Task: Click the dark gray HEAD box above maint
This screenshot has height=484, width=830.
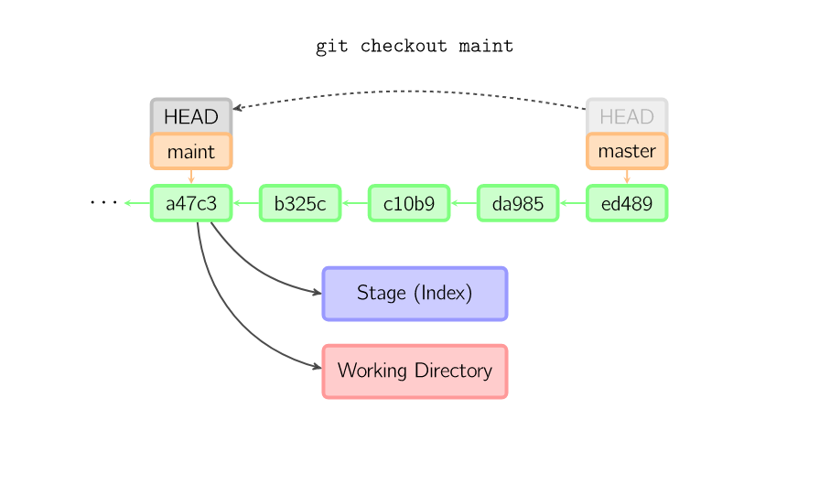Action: point(191,116)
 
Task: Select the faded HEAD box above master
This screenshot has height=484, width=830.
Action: point(627,116)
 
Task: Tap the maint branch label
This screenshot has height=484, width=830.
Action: point(191,151)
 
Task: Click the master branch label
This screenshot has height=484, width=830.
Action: point(627,151)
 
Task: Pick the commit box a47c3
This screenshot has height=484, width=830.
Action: point(191,203)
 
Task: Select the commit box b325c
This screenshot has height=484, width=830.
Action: point(300,203)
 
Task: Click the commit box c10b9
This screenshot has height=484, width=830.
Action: point(409,203)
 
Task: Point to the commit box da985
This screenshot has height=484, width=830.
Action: point(518,203)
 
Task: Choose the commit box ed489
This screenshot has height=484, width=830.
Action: point(627,203)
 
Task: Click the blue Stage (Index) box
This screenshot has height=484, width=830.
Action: point(415,294)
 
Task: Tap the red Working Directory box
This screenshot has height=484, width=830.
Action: point(415,371)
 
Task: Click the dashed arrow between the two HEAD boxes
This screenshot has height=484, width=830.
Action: point(412,91)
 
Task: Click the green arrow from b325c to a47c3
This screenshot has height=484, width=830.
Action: point(246,203)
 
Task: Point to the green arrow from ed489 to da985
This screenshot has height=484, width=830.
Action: point(573,203)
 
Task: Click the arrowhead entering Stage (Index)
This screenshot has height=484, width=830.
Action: point(317,293)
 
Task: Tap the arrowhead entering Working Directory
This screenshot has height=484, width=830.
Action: point(317,369)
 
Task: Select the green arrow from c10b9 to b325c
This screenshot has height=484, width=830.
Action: point(355,203)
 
